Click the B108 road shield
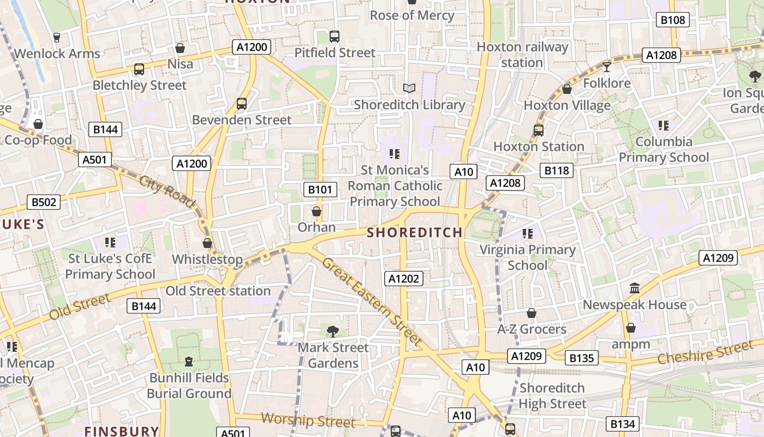click(672, 20)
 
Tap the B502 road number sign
click(44, 202)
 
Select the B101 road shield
click(320, 190)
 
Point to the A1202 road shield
click(404, 279)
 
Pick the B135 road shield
click(581, 358)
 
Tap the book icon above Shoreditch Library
click(409, 88)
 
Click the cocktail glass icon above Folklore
click(606, 67)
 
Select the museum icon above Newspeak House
click(634, 288)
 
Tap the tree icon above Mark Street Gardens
click(332, 330)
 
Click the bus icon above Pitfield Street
click(335, 37)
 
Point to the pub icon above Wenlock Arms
click(57, 37)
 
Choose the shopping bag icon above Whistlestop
click(207, 243)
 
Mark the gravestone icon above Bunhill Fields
click(189, 361)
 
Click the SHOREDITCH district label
click(415, 233)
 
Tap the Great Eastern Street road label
click(372, 301)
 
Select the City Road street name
click(167, 192)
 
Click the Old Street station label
click(218, 291)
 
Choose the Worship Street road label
click(308, 420)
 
